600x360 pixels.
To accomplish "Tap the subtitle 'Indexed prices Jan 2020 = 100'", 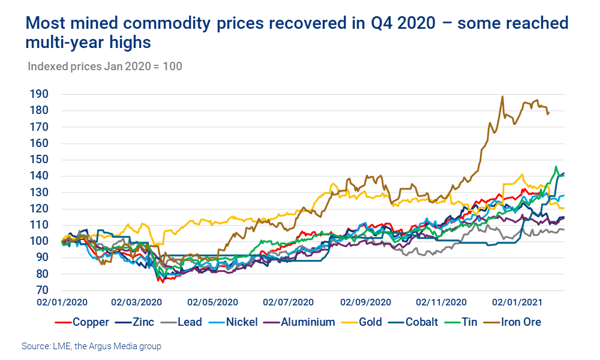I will coord(105,66).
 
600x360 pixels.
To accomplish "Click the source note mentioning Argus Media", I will coord(92,346).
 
